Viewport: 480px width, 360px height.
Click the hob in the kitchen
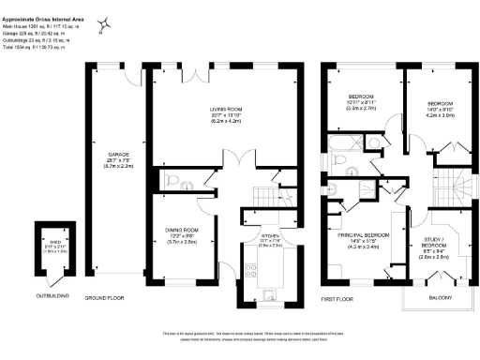(x=250, y=269)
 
